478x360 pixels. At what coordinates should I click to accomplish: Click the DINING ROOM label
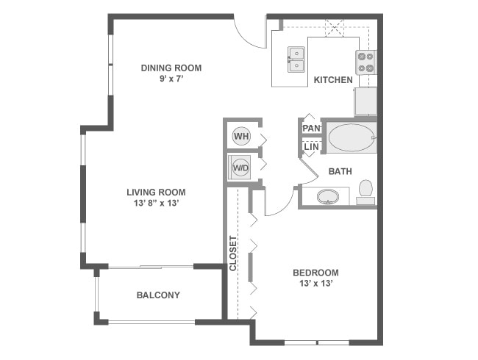(x=171, y=68)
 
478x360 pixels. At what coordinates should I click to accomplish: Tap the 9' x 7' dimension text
(x=171, y=79)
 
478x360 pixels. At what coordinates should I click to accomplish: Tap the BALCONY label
(x=158, y=295)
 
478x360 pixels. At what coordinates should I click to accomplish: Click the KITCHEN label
(x=333, y=80)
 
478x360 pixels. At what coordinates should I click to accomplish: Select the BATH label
(x=340, y=172)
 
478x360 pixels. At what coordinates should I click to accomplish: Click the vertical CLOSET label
(x=233, y=253)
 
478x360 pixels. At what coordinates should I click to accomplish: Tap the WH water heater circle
(x=240, y=136)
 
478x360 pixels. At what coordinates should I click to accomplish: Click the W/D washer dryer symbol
(x=240, y=167)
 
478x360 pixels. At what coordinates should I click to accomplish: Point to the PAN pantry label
(x=311, y=128)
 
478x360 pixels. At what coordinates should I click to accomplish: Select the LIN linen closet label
(x=311, y=147)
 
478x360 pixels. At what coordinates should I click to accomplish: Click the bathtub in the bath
(x=351, y=137)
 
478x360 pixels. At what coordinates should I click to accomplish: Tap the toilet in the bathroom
(x=365, y=192)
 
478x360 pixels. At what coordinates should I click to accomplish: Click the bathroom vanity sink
(x=327, y=196)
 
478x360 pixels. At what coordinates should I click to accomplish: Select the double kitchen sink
(x=297, y=60)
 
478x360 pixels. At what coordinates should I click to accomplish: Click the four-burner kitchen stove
(x=365, y=62)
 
